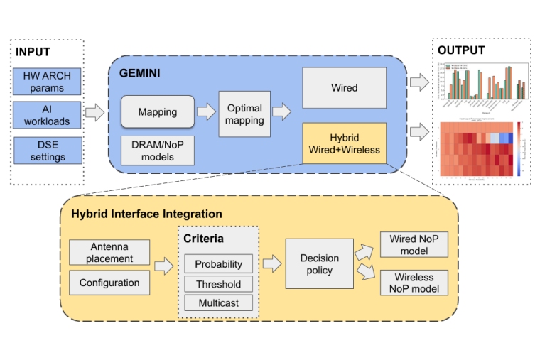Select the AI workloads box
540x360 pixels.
point(48,116)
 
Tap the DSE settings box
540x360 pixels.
point(48,151)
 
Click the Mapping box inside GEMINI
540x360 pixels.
point(158,112)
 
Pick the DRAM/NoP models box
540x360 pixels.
point(158,151)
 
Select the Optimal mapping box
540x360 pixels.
point(244,114)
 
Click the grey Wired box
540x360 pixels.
point(344,88)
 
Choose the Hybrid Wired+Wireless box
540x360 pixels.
point(344,143)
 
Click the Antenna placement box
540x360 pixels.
point(109,252)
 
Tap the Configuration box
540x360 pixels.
point(109,283)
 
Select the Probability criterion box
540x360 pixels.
point(218,264)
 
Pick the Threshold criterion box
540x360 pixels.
point(218,284)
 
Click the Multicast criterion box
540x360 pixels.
point(218,303)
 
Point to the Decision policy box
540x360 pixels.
point(319,263)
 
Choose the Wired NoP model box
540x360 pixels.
point(414,244)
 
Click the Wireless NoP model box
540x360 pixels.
point(414,282)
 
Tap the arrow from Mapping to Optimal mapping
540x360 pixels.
point(205,111)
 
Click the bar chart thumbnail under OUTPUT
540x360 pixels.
point(483,81)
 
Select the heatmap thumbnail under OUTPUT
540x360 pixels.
point(483,148)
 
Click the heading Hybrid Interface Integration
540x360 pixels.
point(146,214)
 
